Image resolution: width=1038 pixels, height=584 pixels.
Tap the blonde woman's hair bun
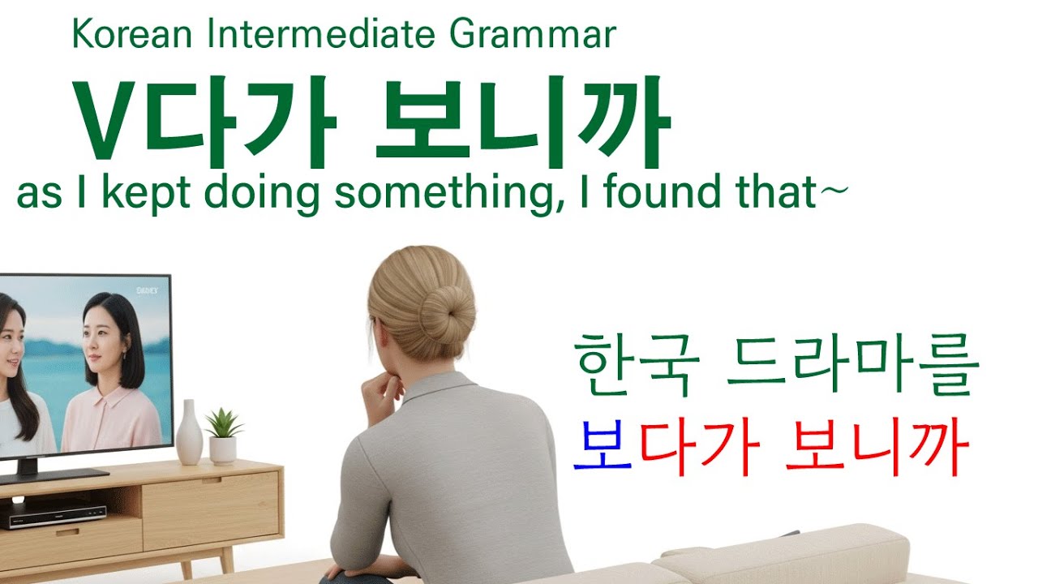tap(445, 311)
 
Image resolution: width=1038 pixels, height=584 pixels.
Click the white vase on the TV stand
tap(189, 433)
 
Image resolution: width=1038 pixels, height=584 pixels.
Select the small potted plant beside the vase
tap(223, 435)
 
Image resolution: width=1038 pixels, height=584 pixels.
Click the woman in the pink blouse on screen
tap(114, 373)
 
